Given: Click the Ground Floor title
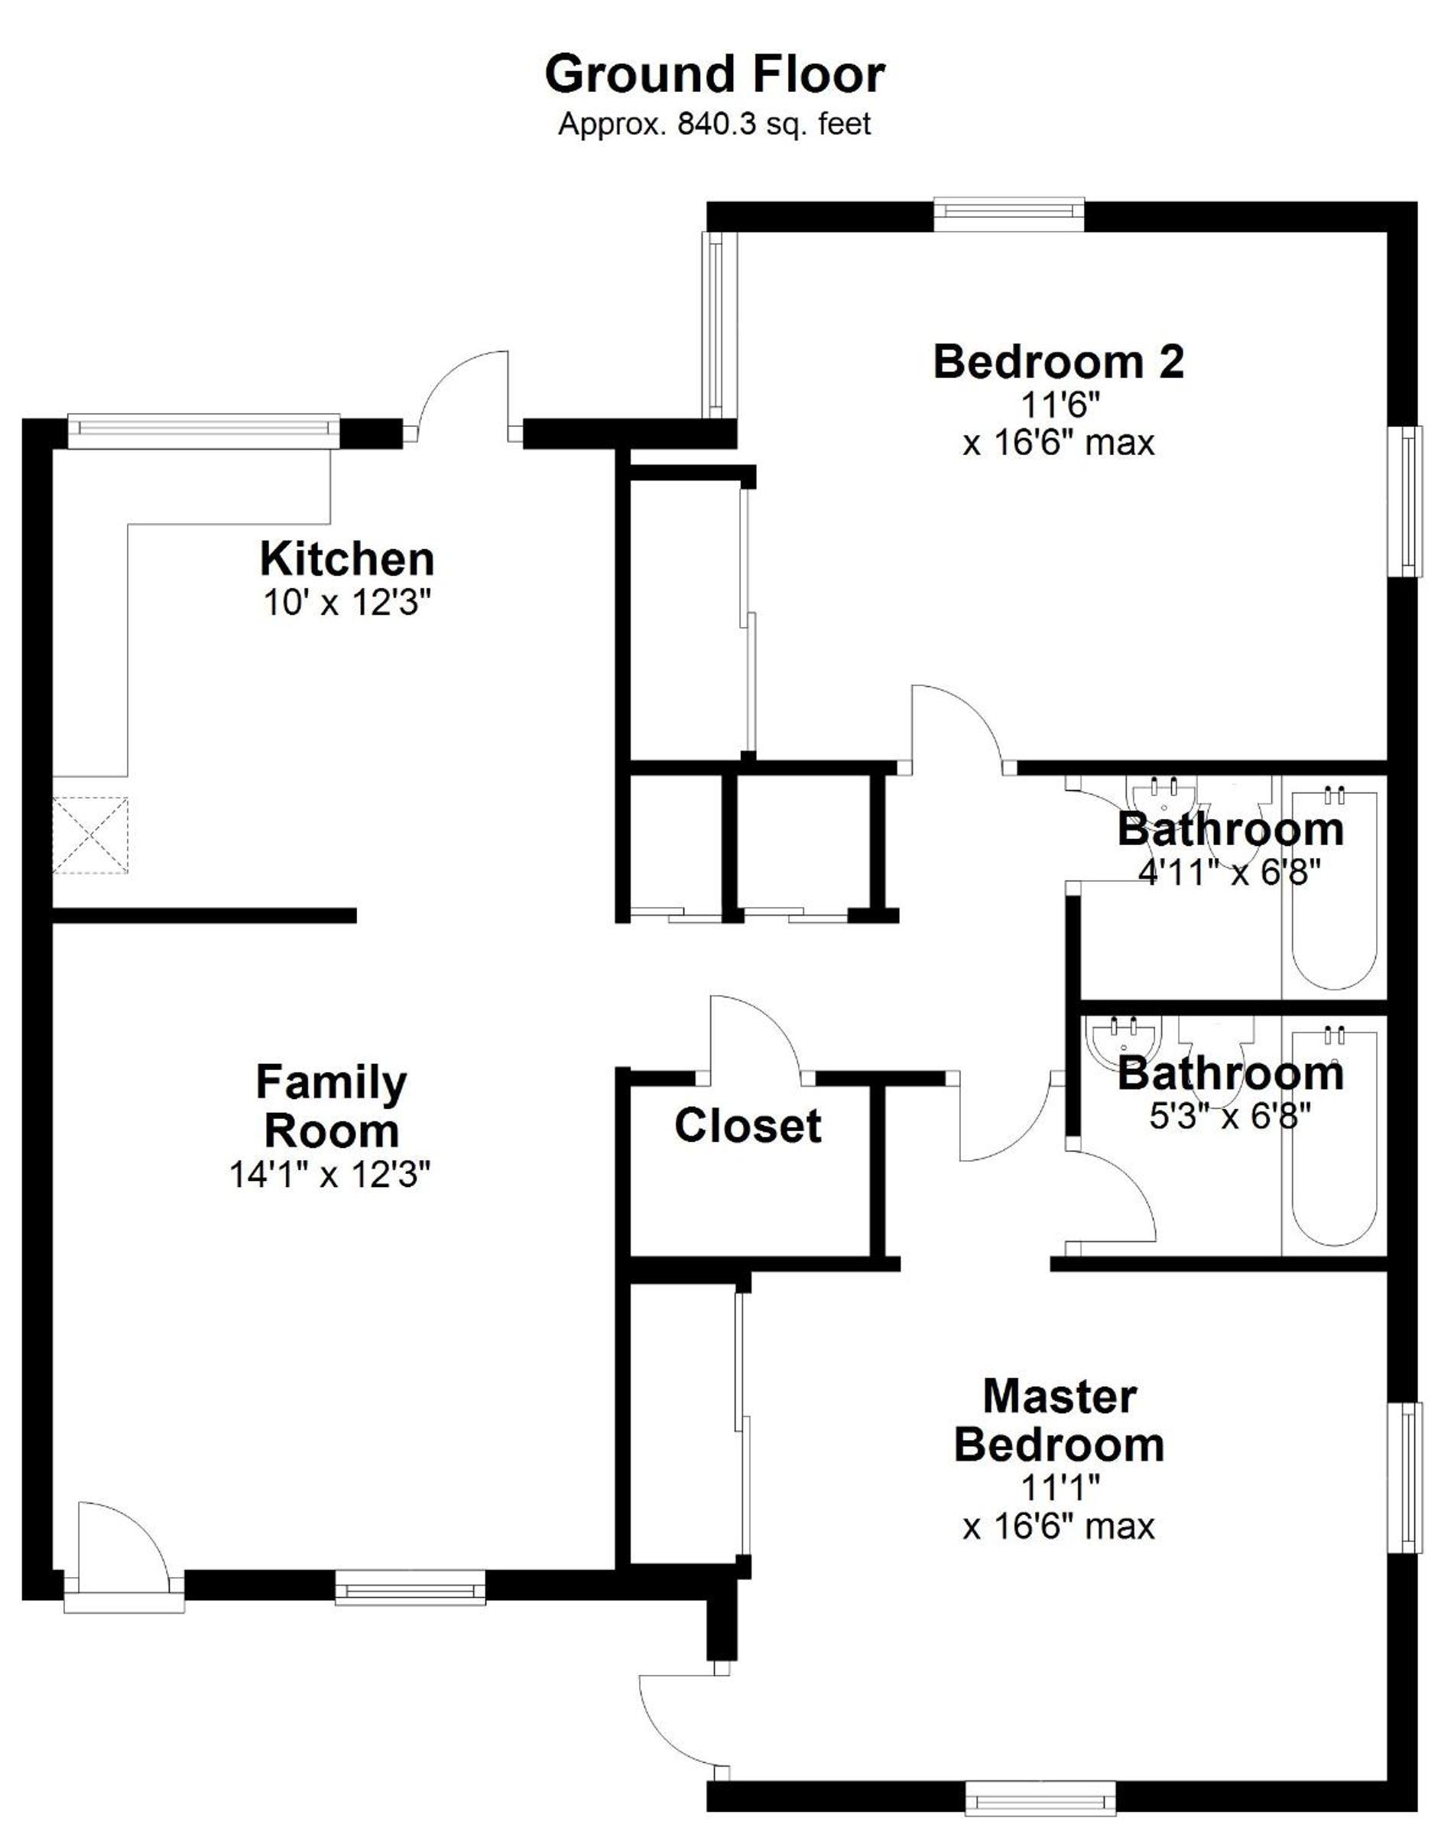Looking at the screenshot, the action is pos(715,74).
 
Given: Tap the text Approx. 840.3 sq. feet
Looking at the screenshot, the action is pos(715,125).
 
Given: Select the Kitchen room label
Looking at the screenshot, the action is pos(347,559).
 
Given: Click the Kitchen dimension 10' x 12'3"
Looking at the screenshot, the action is pos(347,603).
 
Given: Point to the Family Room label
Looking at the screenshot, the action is pos(332,1107).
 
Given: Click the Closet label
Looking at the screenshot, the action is pos(748,1126).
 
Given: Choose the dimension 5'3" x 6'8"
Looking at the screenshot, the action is pos(1230,1117).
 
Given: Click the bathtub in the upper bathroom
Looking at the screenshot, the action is pos(1335,887).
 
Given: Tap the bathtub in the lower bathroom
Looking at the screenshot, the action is pos(1335,1136).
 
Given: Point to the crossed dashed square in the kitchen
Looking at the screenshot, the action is pos(90,836).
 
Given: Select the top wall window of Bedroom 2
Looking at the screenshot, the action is pos(1009,213).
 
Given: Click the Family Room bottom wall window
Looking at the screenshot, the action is pos(410,1587).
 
